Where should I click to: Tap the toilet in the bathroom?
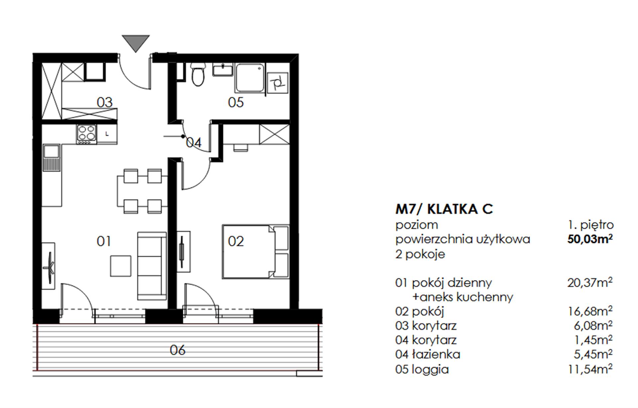click(x=198, y=74)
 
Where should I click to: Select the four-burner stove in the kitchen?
click(x=87, y=134)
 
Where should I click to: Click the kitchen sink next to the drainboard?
click(x=51, y=151)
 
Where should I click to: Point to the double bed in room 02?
click(x=256, y=252)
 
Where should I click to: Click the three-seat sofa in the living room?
click(x=152, y=266)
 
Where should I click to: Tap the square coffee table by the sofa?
click(x=121, y=266)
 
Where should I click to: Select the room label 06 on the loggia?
click(x=177, y=350)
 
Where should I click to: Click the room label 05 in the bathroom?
click(x=236, y=102)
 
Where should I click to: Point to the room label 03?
click(x=105, y=102)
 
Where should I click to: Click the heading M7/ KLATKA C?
click(x=444, y=209)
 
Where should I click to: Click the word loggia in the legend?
click(x=430, y=369)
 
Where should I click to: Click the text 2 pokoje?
click(x=420, y=255)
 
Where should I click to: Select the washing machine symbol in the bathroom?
click(x=277, y=83)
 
